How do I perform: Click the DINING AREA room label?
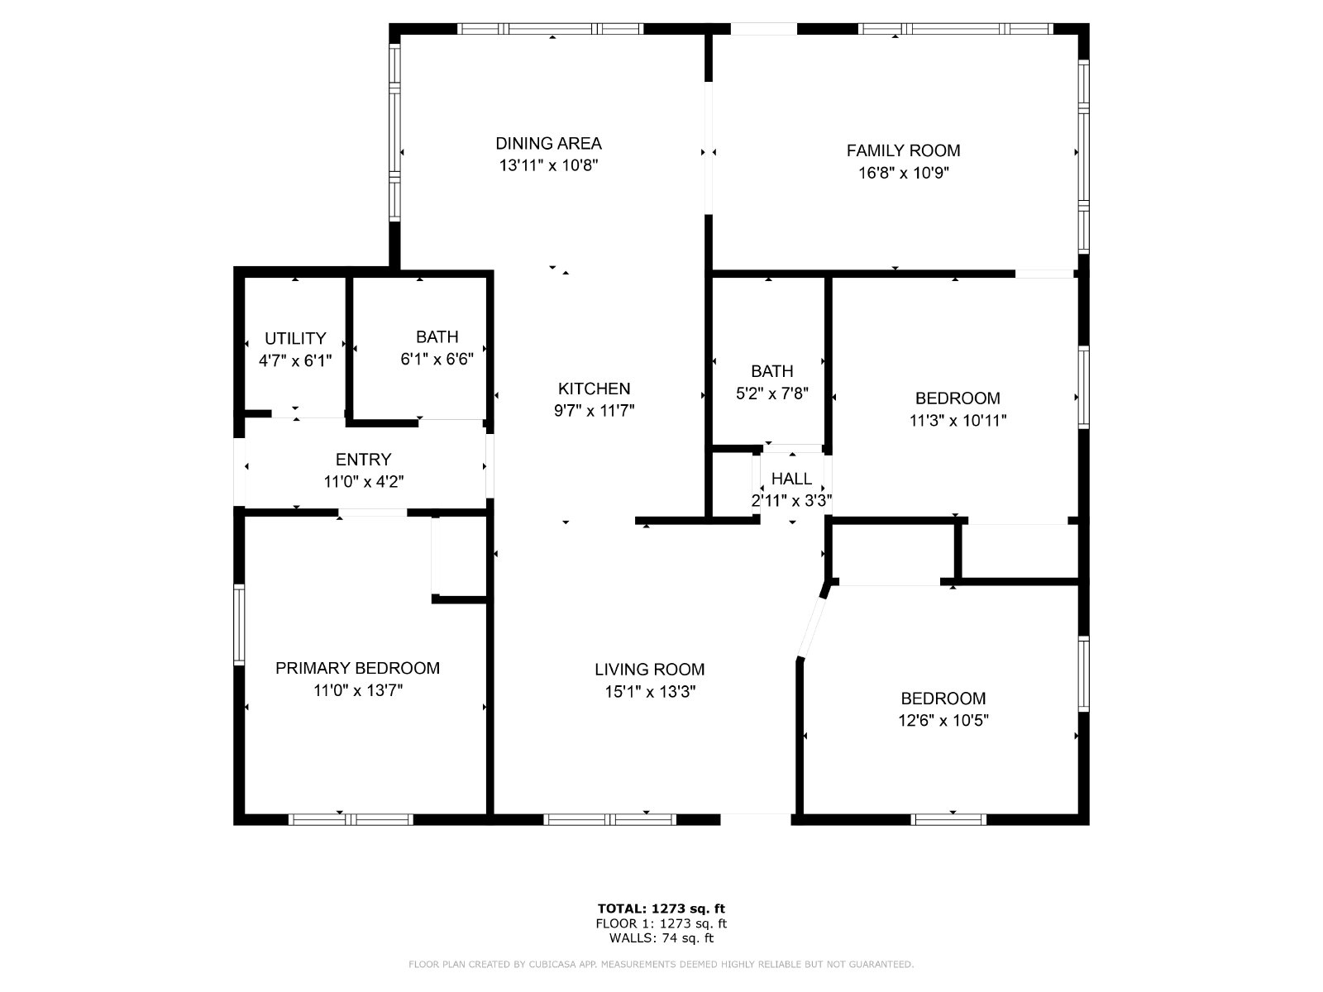click(548, 143)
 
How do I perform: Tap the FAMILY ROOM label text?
click(903, 150)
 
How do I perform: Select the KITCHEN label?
click(594, 389)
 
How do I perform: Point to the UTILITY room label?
click(295, 338)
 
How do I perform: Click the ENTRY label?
click(364, 460)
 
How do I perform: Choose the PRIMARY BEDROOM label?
click(357, 668)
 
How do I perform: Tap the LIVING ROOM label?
click(650, 669)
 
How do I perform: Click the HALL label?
click(791, 479)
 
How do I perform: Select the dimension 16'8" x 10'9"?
click(904, 173)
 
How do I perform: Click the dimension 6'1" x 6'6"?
click(437, 359)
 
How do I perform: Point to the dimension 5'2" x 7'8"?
click(772, 393)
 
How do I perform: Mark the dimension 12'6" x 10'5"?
click(943, 720)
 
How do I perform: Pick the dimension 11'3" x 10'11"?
click(958, 421)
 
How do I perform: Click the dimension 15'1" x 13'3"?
click(651, 691)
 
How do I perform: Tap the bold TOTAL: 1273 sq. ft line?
click(661, 909)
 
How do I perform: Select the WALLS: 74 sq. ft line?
click(661, 937)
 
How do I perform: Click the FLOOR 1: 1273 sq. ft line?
click(661, 923)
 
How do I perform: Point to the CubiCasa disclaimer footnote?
click(661, 964)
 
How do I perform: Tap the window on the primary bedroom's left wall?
click(239, 625)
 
